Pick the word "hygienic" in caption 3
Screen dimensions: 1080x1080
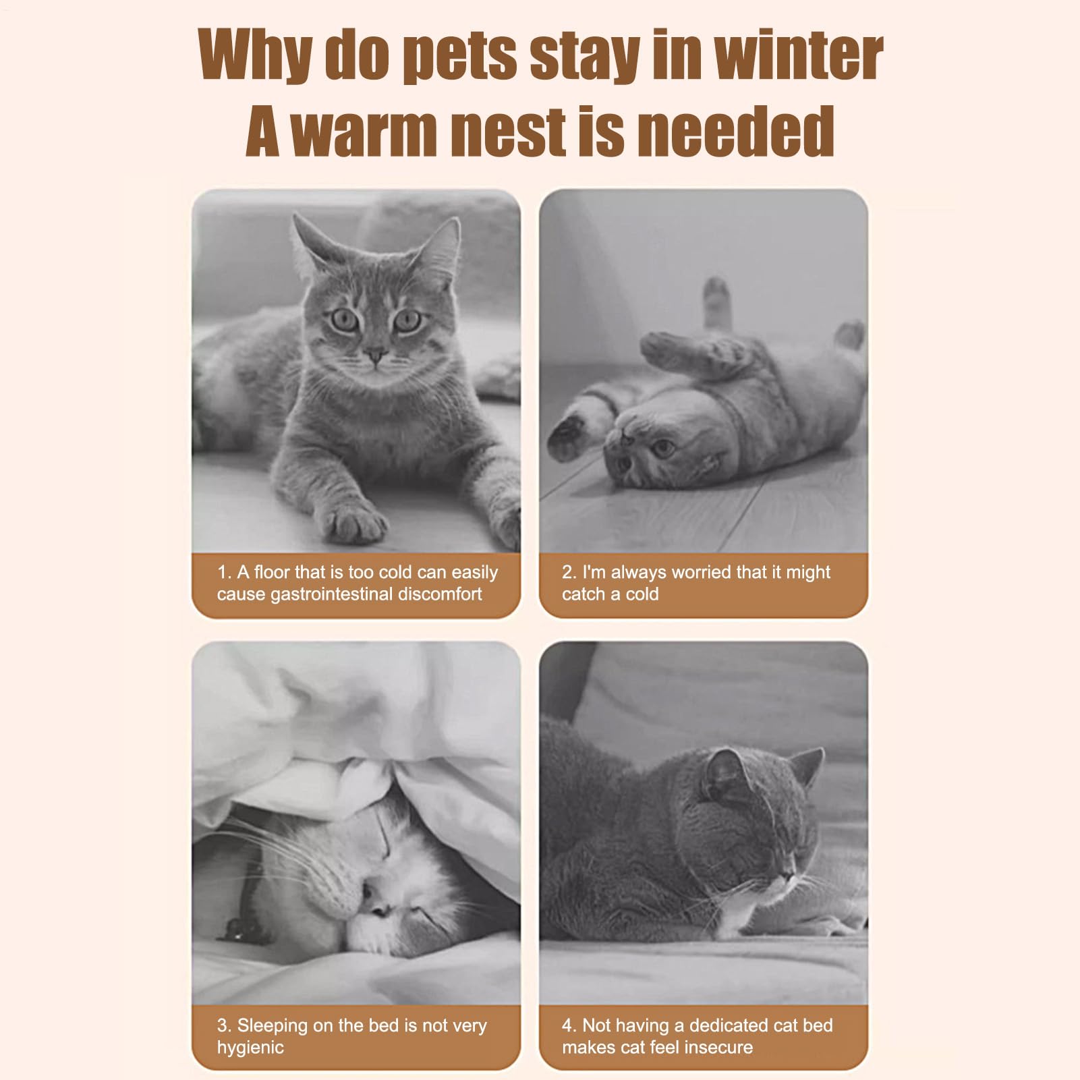pyautogui.click(x=250, y=1048)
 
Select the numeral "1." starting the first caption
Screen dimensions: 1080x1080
pyautogui.click(x=224, y=572)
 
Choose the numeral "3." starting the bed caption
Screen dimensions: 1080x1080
pyautogui.click(x=225, y=1025)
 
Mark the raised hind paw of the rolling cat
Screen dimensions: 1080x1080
pyautogui.click(x=716, y=291)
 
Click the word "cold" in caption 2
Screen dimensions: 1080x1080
pyautogui.click(x=642, y=594)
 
